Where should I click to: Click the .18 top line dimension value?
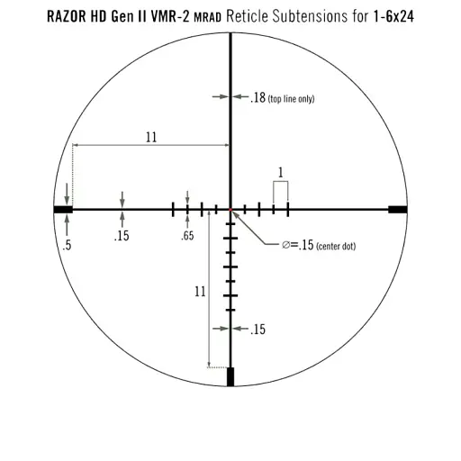click(x=258, y=98)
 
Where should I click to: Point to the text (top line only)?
click(x=291, y=99)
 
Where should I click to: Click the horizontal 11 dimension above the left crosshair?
click(x=150, y=137)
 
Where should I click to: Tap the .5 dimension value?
click(x=67, y=244)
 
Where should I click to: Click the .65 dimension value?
click(x=187, y=237)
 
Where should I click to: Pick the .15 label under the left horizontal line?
click(x=122, y=237)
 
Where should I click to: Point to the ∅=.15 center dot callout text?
click(x=317, y=245)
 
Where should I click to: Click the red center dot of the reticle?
click(x=230, y=209)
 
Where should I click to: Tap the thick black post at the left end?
click(x=63, y=209)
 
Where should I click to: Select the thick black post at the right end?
click(x=397, y=209)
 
